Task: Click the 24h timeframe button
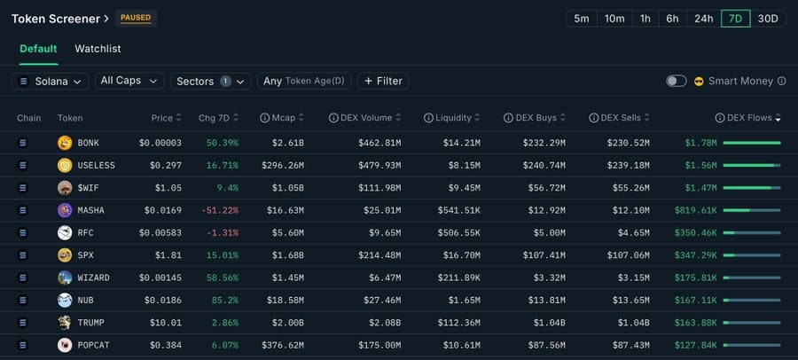(x=704, y=19)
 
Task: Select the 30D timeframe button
(x=768, y=19)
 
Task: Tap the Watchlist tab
(x=98, y=49)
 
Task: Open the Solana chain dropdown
(x=50, y=81)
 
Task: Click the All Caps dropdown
(x=129, y=81)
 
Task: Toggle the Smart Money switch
(x=677, y=81)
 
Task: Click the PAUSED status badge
(x=136, y=19)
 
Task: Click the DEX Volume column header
(x=364, y=118)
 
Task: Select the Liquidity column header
(x=452, y=118)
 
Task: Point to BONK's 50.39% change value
(x=222, y=143)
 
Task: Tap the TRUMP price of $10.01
(x=166, y=323)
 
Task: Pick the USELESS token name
(x=96, y=166)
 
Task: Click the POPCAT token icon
(x=65, y=345)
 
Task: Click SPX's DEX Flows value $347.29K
(x=695, y=255)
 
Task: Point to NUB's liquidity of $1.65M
(x=464, y=301)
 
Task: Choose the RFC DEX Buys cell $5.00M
(x=549, y=233)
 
